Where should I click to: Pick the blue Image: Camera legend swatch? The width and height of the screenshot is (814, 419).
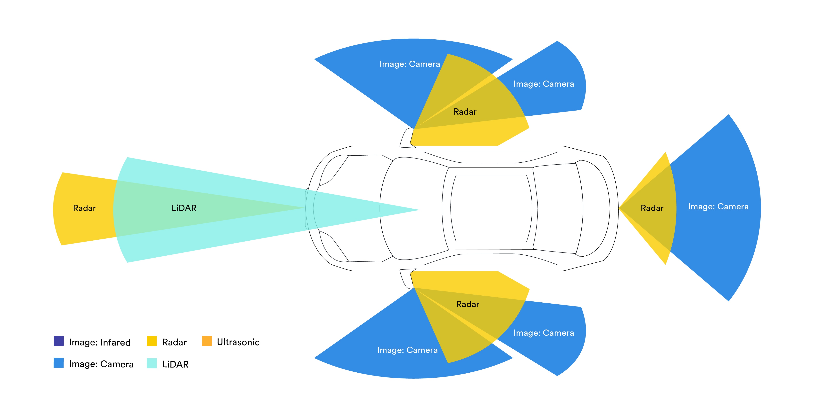pos(59,363)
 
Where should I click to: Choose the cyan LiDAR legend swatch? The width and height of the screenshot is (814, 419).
pos(152,363)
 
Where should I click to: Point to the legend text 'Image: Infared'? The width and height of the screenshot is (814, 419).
pos(100,342)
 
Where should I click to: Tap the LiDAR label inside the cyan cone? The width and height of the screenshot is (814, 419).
pos(184,208)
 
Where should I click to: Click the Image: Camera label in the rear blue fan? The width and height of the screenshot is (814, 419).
pos(718,207)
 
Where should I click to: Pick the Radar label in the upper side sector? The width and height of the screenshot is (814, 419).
pos(465,112)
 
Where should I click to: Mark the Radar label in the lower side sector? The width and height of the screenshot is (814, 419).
pos(468,304)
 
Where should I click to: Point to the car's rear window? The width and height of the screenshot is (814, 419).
pos(558,208)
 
